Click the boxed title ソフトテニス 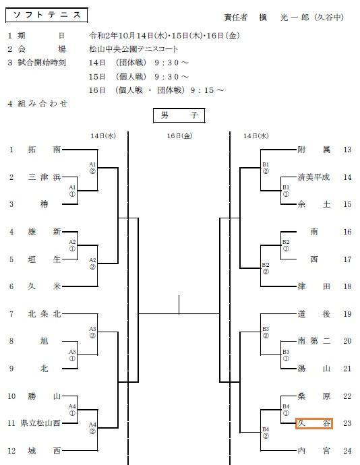(x=47, y=15)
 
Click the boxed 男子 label (x=179, y=115)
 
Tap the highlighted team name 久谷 (x=314, y=423)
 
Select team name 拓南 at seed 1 (x=44, y=149)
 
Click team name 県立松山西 (x=40, y=423)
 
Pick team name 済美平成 (x=313, y=177)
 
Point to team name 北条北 (x=44, y=314)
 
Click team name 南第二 (x=314, y=341)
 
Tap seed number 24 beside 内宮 (x=347, y=451)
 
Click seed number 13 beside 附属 (x=347, y=150)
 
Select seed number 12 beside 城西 (x=11, y=451)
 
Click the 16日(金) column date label (x=179, y=136)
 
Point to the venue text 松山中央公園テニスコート (x=133, y=49)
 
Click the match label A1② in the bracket (x=92, y=168)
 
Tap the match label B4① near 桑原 (x=286, y=410)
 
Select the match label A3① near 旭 (x=72, y=355)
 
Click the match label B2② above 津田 (x=266, y=268)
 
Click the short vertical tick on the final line (x=179, y=305)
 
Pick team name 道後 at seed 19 (x=314, y=314)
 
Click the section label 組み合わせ (x=42, y=104)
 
